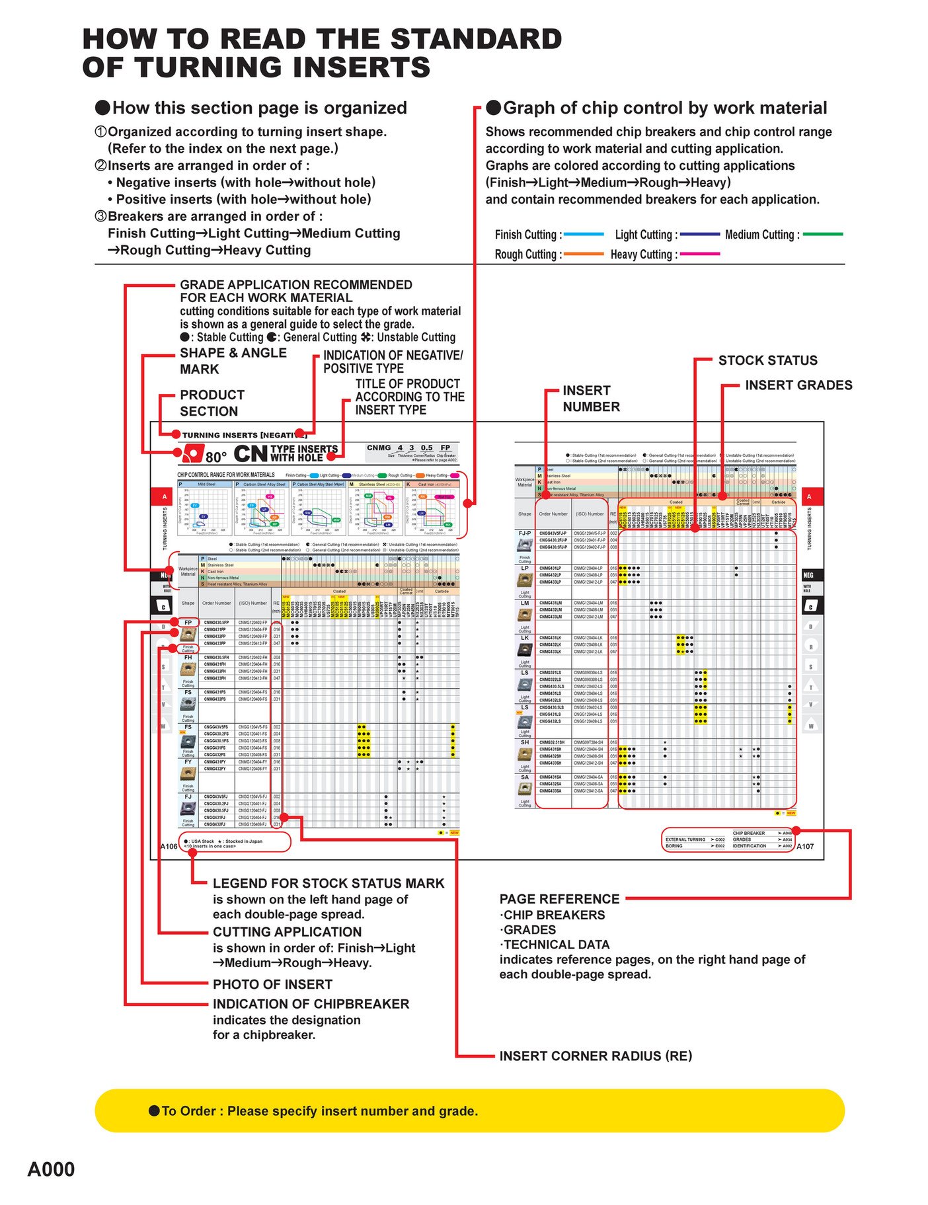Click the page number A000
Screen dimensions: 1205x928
[51, 1169]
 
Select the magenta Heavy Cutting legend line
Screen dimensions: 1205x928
[699, 254]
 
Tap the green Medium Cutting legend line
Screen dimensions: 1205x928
[822, 234]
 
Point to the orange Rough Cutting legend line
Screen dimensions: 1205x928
[584, 254]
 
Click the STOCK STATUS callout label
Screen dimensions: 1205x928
[767, 360]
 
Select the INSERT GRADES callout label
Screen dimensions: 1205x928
[798, 385]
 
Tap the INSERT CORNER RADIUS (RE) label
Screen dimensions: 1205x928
[596, 1056]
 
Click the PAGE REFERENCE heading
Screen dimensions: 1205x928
[559, 899]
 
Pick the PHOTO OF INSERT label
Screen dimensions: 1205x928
[272, 984]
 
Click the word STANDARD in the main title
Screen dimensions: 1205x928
[476, 40]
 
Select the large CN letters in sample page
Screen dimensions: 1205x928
[251, 454]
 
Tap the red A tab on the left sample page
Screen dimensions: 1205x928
[164, 496]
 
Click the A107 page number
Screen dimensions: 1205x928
[805, 846]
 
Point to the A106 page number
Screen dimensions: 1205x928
[169, 846]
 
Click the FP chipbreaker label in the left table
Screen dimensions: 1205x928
[188, 623]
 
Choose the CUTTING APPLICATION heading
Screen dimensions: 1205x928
[287, 932]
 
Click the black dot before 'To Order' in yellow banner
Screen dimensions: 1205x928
[154, 1110]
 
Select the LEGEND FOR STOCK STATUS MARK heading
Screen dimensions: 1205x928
[329, 884]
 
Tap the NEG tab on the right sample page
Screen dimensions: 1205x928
[810, 575]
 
